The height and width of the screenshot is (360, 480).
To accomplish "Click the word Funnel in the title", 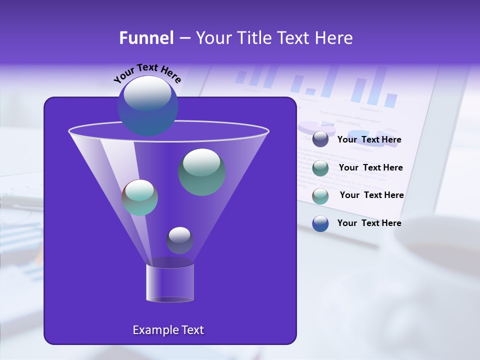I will pos(146,38).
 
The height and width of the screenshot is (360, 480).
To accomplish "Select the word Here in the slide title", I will pos(333,38).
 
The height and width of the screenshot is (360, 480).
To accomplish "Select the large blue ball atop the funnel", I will pos(147,105).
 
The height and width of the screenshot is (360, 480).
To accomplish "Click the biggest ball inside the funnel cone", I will pos(202,171).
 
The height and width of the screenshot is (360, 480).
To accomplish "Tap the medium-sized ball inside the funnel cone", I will pos(139,197).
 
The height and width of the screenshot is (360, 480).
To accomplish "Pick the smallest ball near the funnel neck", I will pos(179,240).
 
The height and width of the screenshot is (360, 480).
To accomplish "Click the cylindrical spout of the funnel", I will pos(170,283).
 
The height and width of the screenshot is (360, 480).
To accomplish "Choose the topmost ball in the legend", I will pos(320,139).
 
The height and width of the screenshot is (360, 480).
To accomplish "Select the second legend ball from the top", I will pos(320,168).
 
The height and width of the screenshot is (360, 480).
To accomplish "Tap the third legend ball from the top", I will pos(320,196).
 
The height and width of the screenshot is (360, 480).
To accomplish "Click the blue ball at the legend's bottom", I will pos(320,223).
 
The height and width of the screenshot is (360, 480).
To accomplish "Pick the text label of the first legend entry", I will pos(369,140).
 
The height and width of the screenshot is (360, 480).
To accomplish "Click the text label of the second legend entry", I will pos(370,167).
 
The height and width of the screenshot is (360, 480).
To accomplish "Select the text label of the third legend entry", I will pos(371,195).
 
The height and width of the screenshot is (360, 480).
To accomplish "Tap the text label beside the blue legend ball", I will pos(369,223).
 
